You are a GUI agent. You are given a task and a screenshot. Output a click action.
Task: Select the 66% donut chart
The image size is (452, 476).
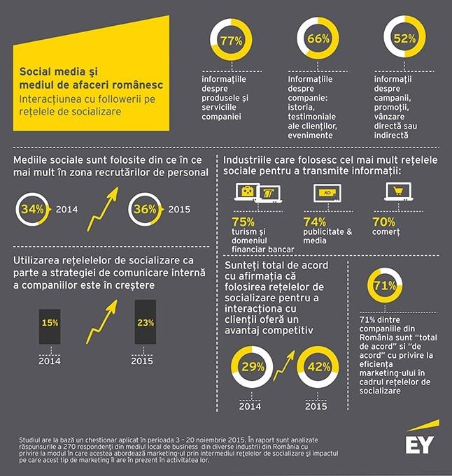(x=318, y=40)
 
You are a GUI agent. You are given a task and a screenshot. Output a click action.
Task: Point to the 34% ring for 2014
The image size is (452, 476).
(x=31, y=209)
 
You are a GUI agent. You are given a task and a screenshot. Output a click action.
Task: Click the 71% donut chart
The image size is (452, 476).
(x=385, y=287)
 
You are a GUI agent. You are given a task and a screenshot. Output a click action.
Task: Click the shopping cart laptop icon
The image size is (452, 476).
(x=399, y=192)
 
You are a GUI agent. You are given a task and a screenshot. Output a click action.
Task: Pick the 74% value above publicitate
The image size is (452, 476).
(x=315, y=222)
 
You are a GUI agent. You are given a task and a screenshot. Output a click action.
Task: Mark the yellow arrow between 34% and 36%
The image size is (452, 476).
(x=99, y=210)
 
